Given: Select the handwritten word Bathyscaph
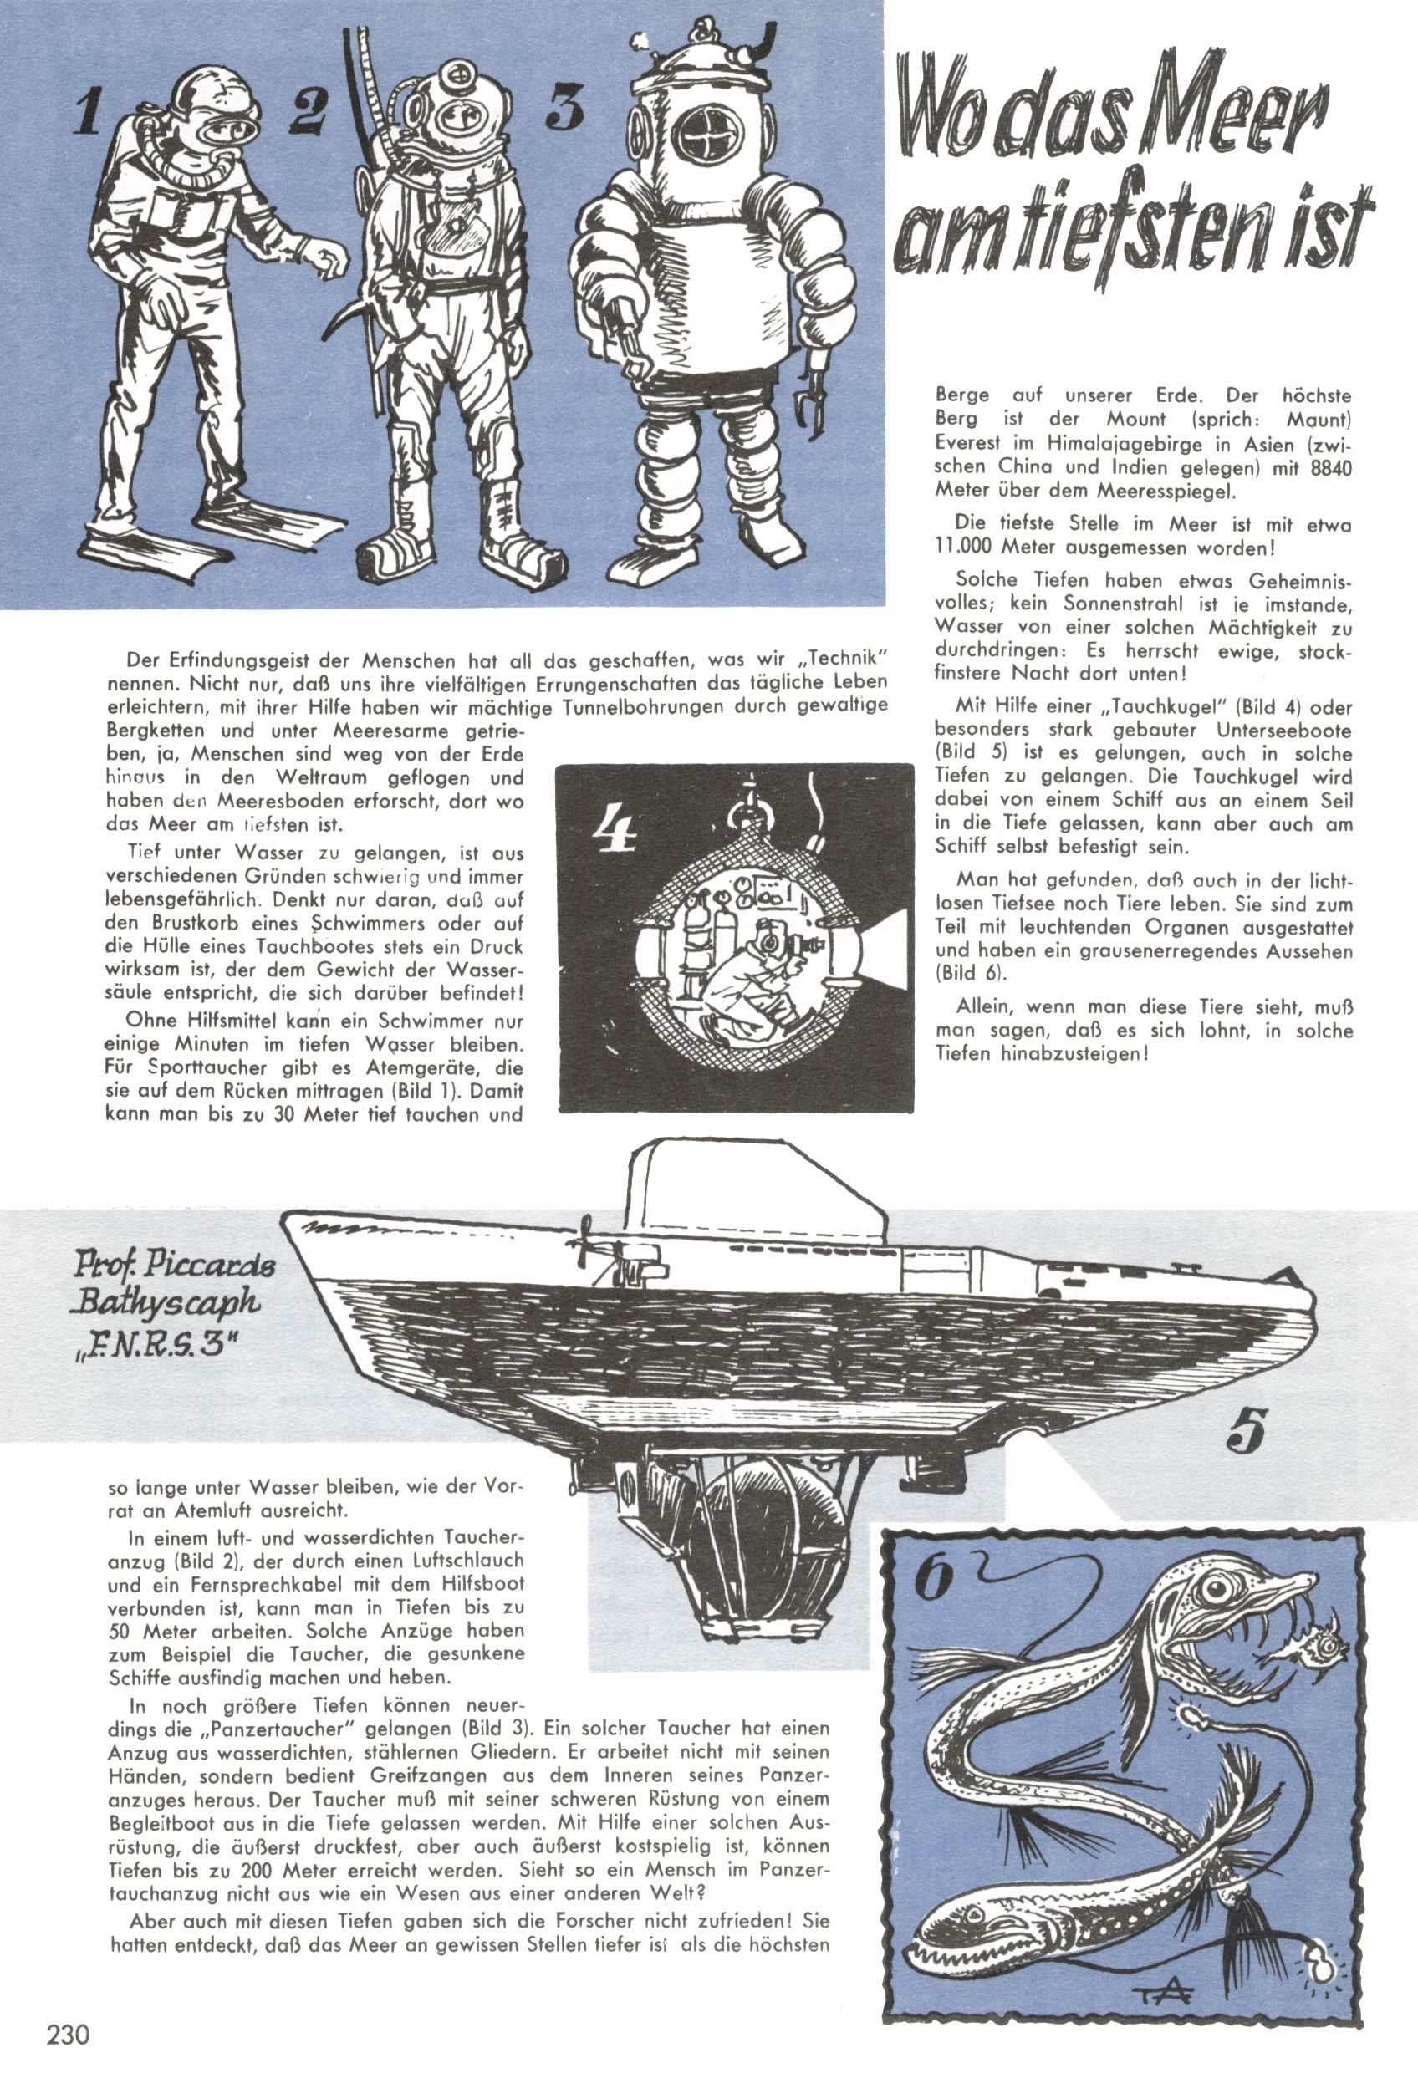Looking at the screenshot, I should point(167,1301).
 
